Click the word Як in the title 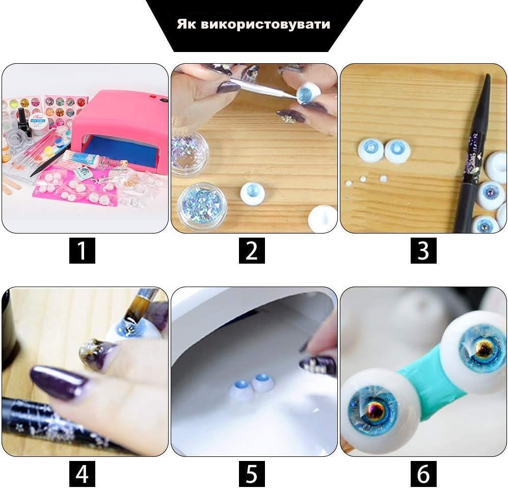[187, 24]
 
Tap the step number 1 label [82, 250]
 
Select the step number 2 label [252, 250]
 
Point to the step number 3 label [423, 250]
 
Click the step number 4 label [82, 474]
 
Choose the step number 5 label [252, 474]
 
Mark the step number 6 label [423, 474]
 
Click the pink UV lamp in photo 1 [122, 127]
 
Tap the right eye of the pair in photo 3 [397, 150]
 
